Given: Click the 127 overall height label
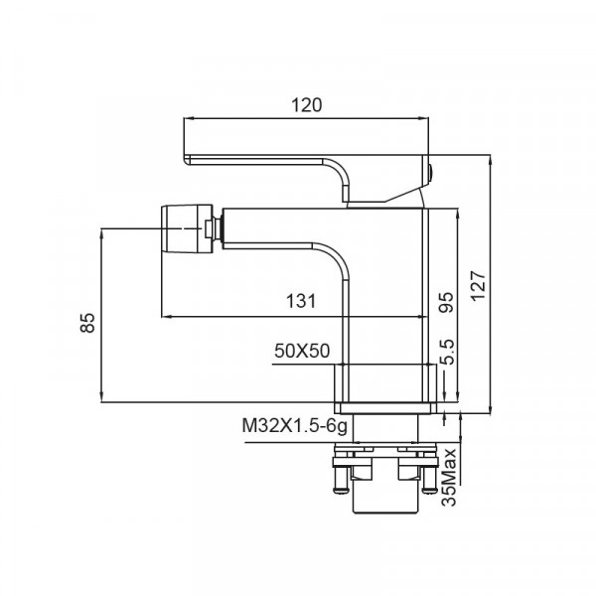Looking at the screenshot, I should point(480,288).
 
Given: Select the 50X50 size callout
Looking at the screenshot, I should point(302,351).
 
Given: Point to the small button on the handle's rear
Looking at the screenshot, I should point(433,177).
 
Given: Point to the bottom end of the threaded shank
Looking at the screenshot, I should point(386,510).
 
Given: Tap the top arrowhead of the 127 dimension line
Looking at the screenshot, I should point(492,159).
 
